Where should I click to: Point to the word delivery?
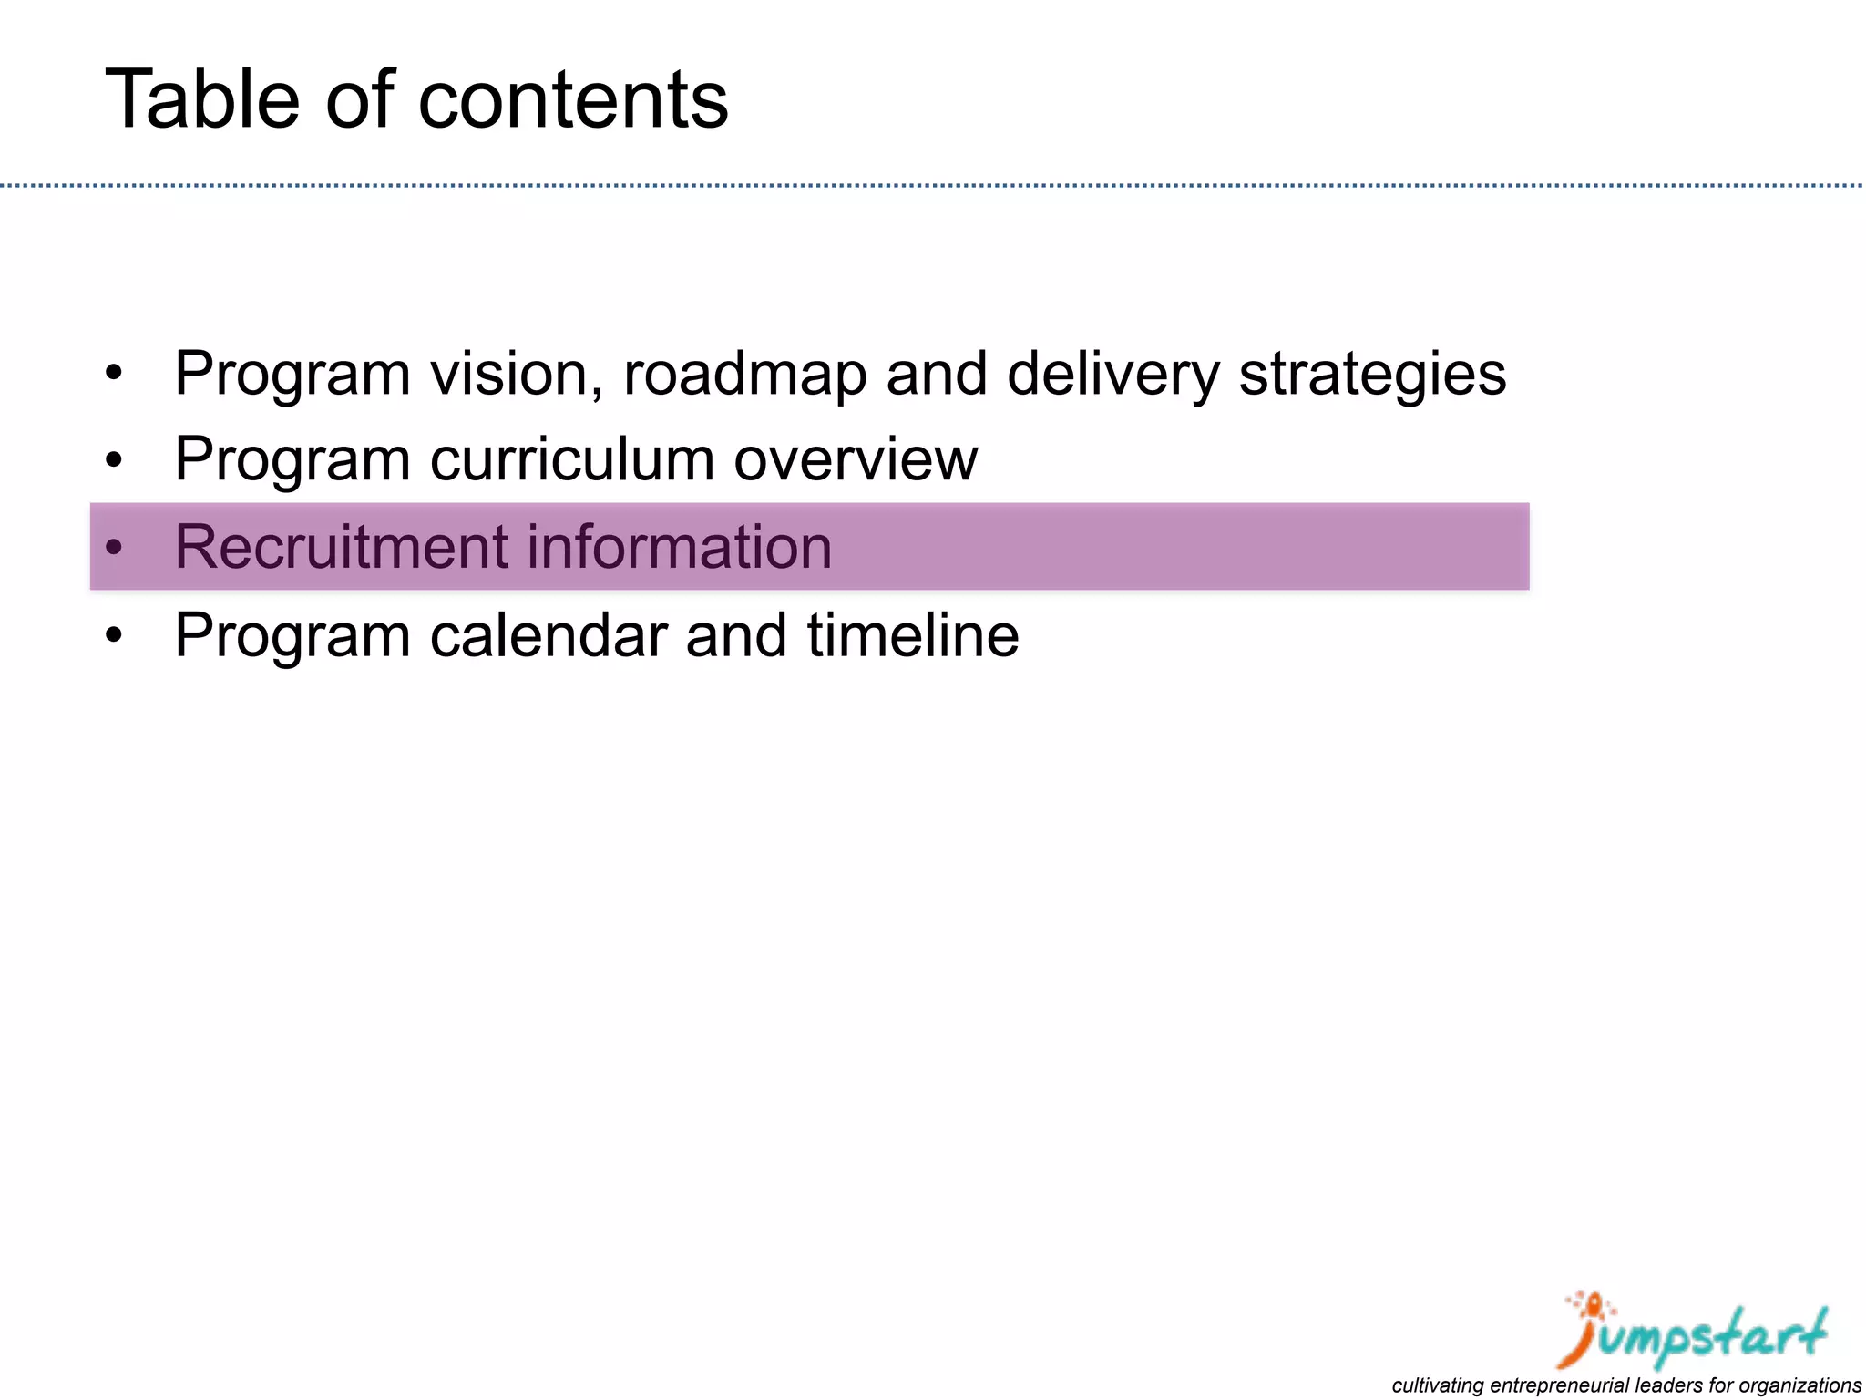pos(1112,374)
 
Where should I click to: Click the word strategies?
pos(1372,374)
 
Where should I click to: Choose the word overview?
pos(856,458)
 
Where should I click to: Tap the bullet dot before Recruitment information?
pos(113,548)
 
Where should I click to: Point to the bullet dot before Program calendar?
pos(113,636)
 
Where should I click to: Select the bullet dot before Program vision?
pos(113,375)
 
